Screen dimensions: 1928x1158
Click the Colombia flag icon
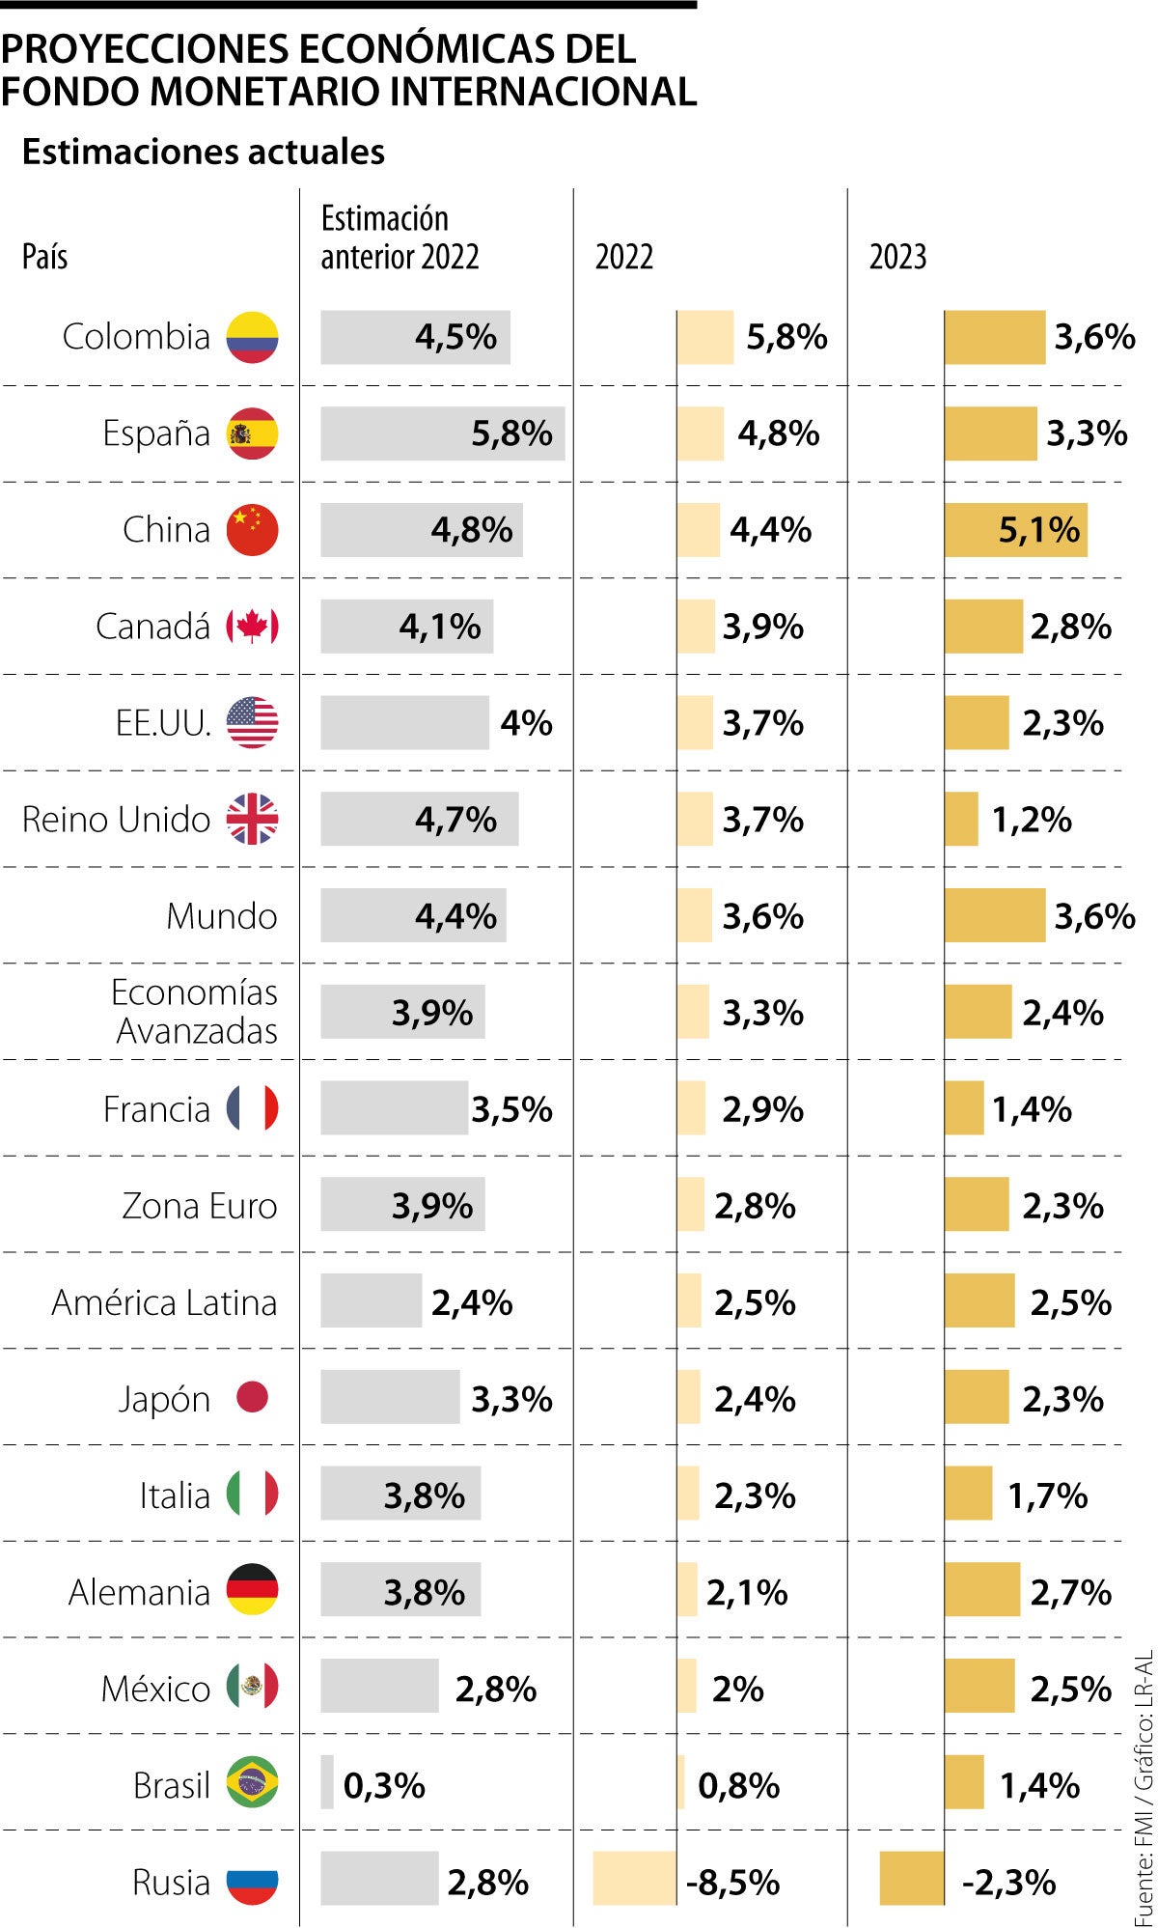(252, 338)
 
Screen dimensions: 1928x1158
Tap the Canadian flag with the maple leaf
(252, 627)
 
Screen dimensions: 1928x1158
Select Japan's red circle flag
(252, 1397)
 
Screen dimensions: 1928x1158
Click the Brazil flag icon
(252, 1783)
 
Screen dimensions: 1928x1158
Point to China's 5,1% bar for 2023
(1015, 530)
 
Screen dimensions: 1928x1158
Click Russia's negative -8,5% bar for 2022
(634, 1879)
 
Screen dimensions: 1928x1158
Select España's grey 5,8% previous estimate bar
(442, 433)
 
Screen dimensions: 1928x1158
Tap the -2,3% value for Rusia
(1008, 1882)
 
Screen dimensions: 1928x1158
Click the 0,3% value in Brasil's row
(384, 1785)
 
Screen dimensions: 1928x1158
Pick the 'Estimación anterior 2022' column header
(400, 238)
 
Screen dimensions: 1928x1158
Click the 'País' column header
(44, 257)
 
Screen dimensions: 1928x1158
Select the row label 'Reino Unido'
(116, 820)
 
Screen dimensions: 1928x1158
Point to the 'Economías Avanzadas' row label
(195, 1012)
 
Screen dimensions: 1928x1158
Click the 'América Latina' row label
(164, 1302)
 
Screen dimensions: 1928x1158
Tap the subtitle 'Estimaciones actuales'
(204, 152)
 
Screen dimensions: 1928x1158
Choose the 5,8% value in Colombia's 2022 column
(786, 337)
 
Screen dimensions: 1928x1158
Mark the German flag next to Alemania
(252, 1590)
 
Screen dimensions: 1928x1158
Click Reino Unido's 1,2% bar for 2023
(961, 819)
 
